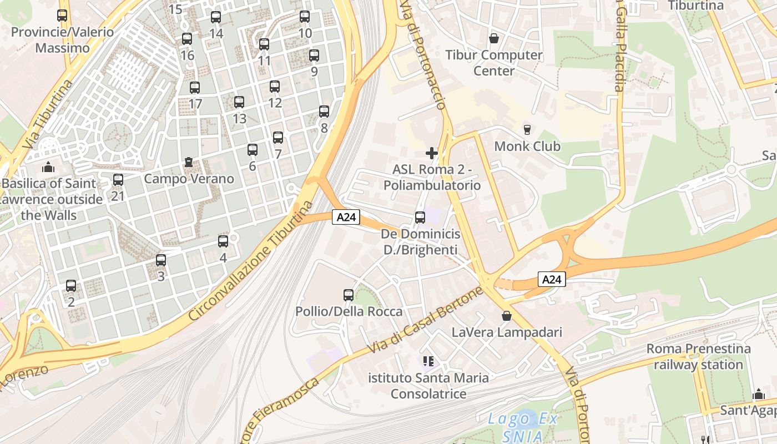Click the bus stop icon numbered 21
(118, 180)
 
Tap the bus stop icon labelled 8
(324, 112)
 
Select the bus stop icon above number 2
(71, 286)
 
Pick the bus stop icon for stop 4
(223, 241)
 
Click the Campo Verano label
(189, 179)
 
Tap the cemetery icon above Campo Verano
(189, 163)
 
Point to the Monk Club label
(527, 147)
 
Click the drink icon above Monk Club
(527, 130)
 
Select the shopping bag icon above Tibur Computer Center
(494, 38)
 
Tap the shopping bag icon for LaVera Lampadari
(507, 316)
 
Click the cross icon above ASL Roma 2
(432, 153)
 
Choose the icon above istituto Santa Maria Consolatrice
(428, 362)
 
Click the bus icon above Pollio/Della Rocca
(349, 295)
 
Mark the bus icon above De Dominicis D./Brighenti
(420, 218)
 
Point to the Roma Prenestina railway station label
(698, 357)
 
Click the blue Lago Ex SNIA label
(523, 427)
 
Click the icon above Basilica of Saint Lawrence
(48, 167)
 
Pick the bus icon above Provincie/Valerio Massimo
(62, 16)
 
